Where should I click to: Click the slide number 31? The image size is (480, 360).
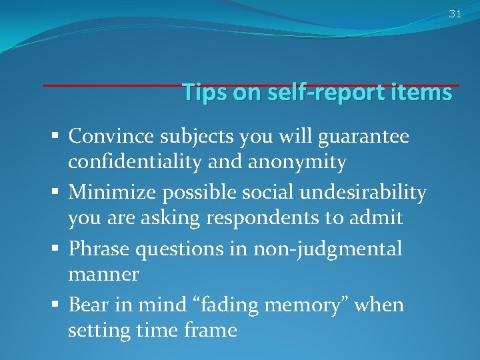(455, 13)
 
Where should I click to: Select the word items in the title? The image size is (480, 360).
(423, 92)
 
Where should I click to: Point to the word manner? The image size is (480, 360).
(103, 273)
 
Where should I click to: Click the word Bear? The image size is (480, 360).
(87, 305)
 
